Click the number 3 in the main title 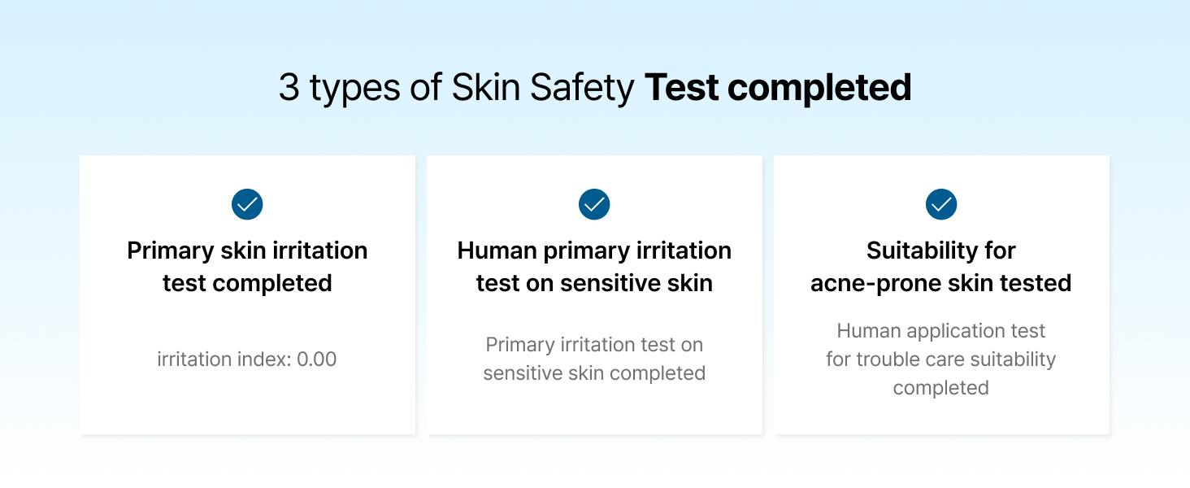(289, 88)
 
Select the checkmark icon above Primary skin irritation (247, 204)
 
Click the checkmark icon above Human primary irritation (594, 204)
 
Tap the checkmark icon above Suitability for (941, 204)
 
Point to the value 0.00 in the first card (316, 359)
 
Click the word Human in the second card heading (495, 251)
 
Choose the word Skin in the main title (487, 88)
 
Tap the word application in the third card (944, 331)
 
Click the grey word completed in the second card (659, 373)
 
